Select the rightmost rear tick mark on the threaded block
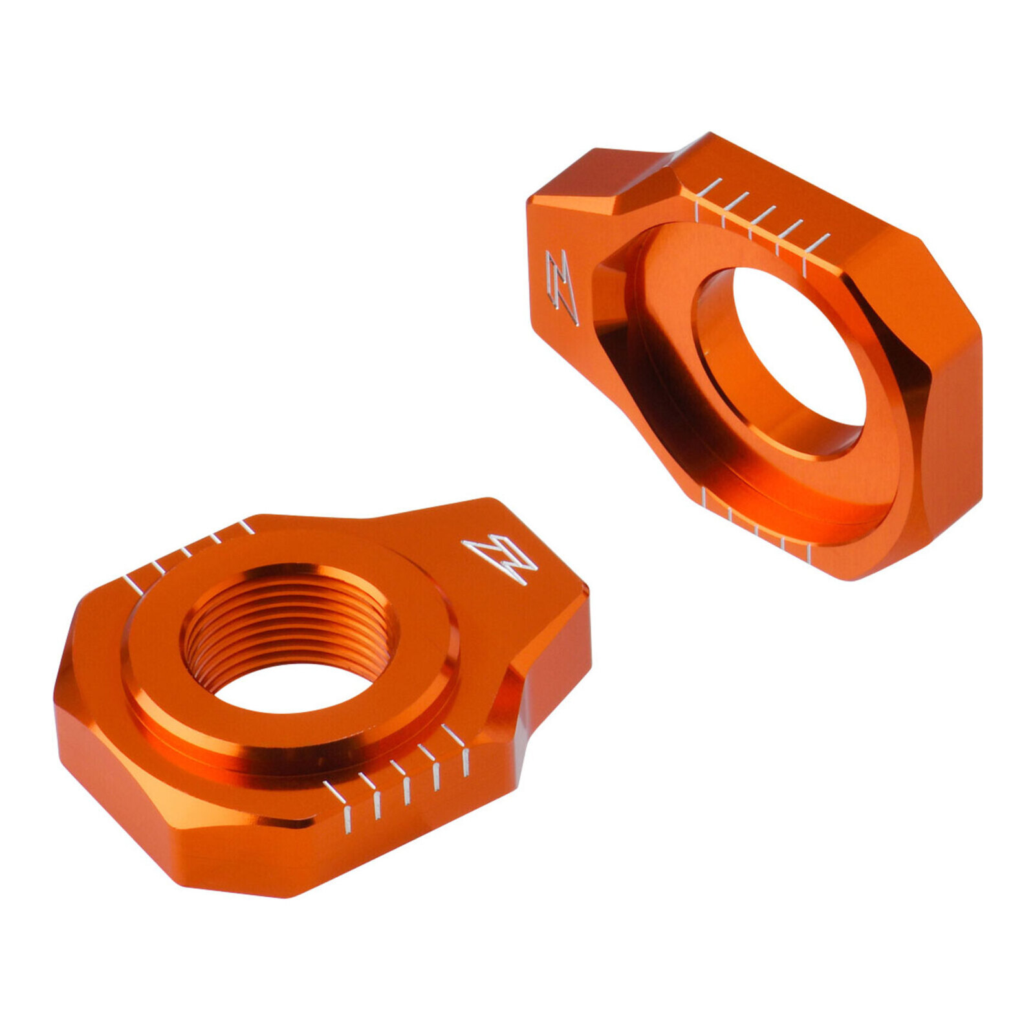click(246, 527)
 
